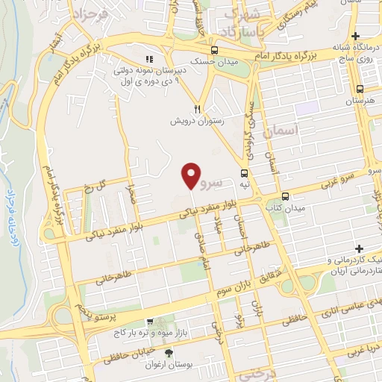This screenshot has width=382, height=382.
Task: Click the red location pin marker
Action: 192,175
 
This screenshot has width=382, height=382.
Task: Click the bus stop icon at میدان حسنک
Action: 215,51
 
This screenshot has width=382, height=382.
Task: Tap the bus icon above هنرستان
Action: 360,87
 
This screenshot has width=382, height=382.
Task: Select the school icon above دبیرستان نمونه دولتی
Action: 149,59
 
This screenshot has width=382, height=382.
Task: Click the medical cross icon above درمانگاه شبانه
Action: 357,36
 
